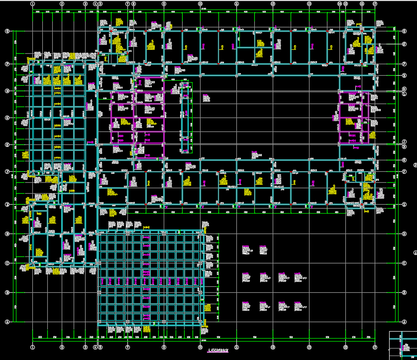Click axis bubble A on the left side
click(x=7, y=322)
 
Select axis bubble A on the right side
click(x=404, y=322)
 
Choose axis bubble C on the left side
click(x=7, y=263)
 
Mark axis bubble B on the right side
click(x=404, y=292)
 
